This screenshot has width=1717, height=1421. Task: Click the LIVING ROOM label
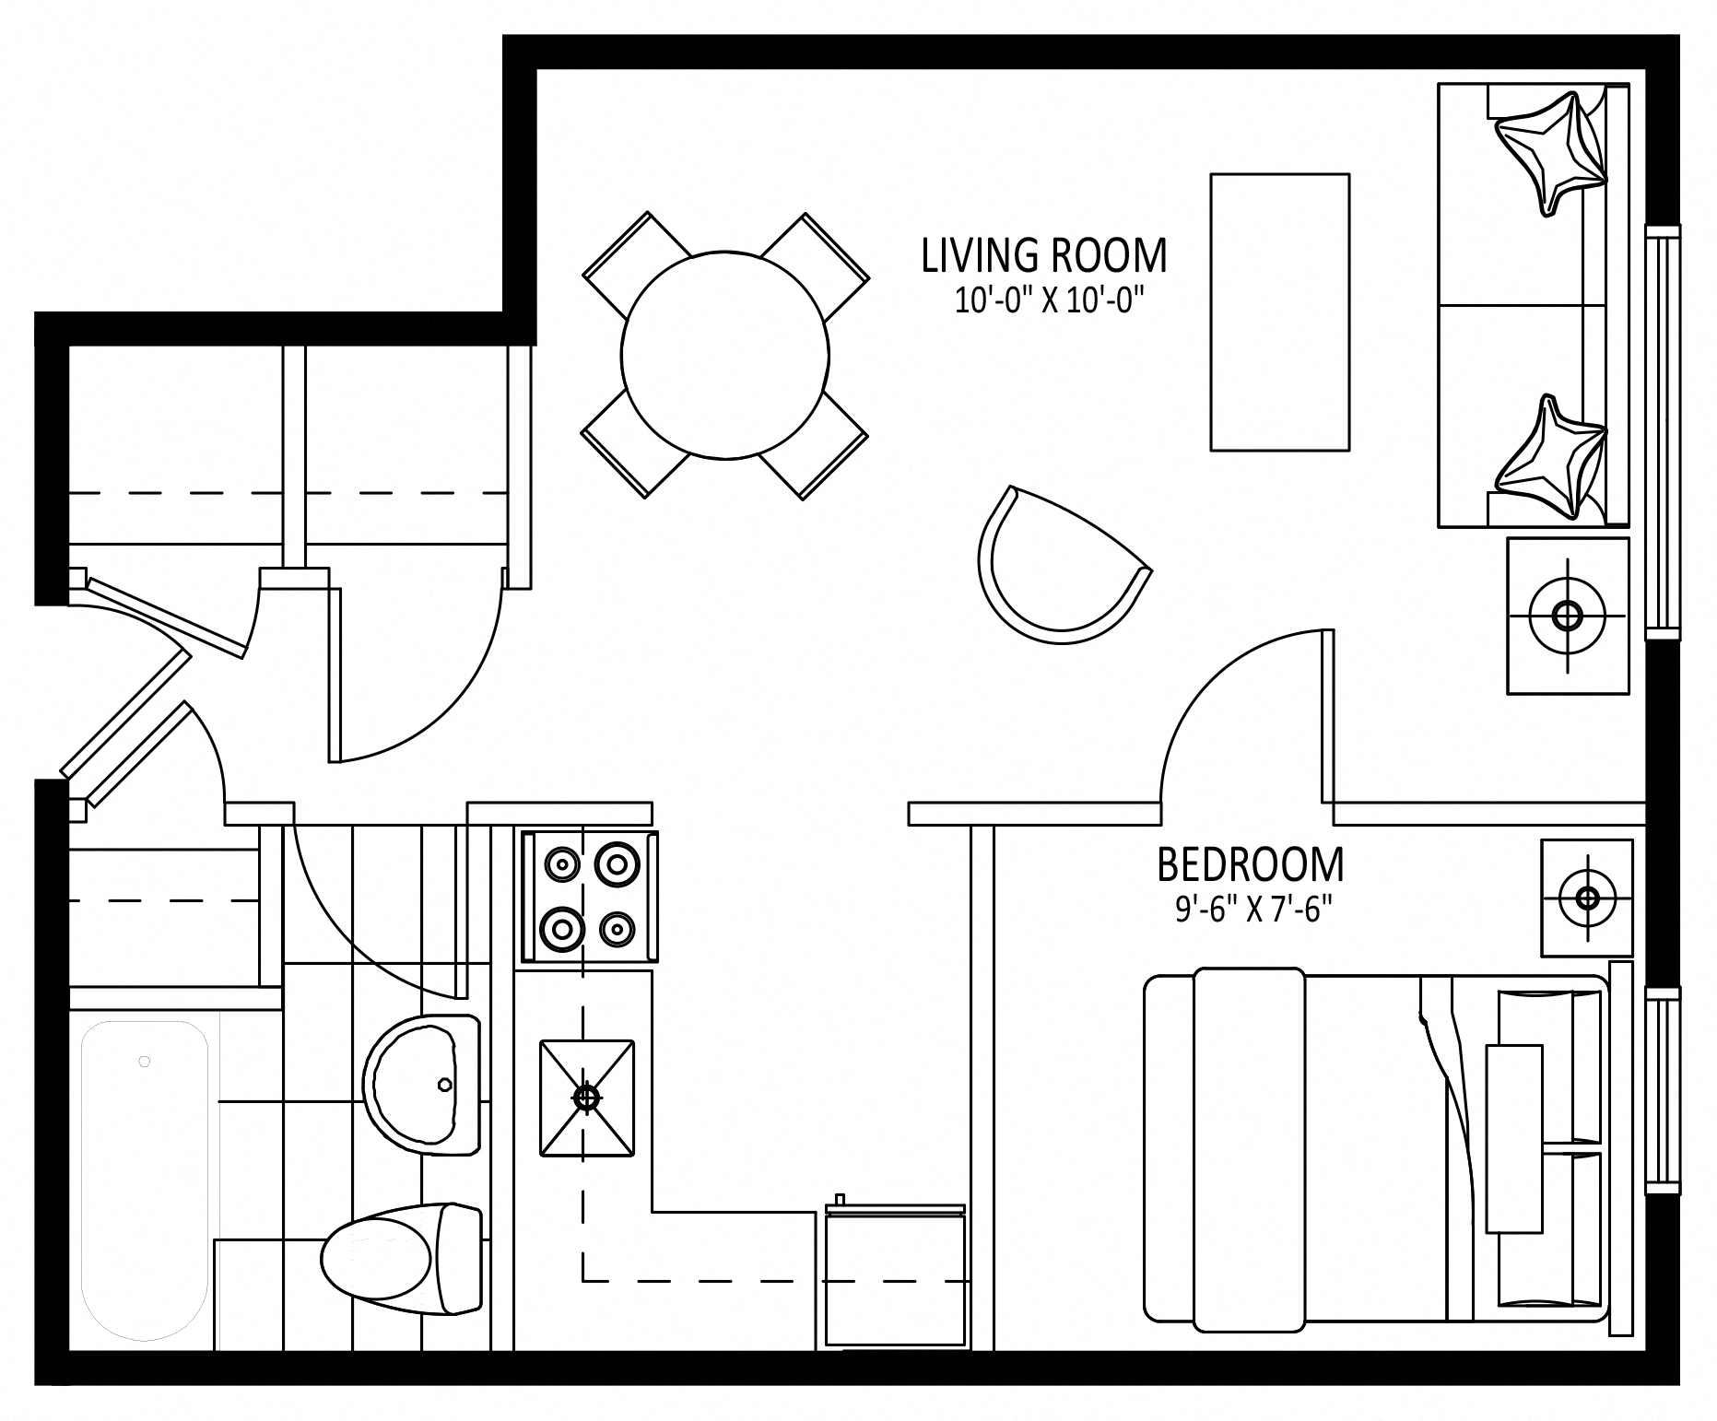1044,255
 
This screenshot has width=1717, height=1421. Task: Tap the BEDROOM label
1250,864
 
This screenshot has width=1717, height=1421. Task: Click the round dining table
725,355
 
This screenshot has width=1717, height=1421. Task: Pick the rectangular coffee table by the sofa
1279,312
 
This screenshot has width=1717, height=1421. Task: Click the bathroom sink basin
422,1085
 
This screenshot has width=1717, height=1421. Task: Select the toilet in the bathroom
402,1258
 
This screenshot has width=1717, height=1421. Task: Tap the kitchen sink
587,1098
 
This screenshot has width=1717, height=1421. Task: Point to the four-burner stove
590,897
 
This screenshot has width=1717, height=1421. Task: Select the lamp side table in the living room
1568,616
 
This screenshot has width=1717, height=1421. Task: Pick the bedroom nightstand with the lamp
1587,897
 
